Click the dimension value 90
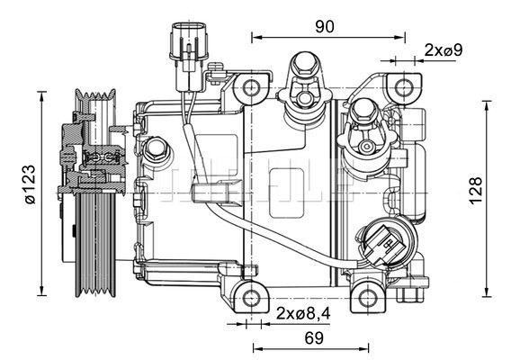coord(325,26)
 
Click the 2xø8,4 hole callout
coord(303,313)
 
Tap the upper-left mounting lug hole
coord(251,87)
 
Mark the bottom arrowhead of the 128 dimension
coord(488,292)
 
